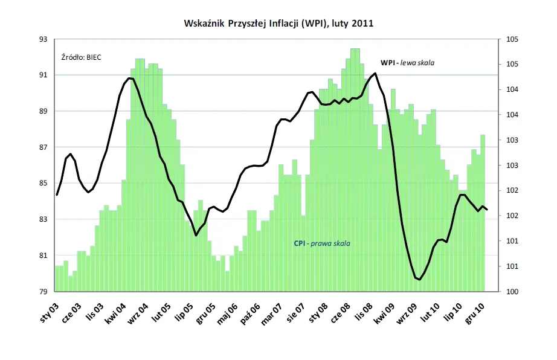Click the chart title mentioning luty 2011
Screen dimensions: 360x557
(278, 24)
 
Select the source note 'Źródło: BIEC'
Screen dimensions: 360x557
(82, 57)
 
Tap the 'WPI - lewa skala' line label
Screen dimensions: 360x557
(407, 63)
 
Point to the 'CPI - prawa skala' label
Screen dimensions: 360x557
(322, 243)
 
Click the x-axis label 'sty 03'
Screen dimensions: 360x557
(47, 309)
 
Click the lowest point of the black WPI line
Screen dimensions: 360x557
(419, 279)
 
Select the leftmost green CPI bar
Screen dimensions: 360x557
(57, 278)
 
